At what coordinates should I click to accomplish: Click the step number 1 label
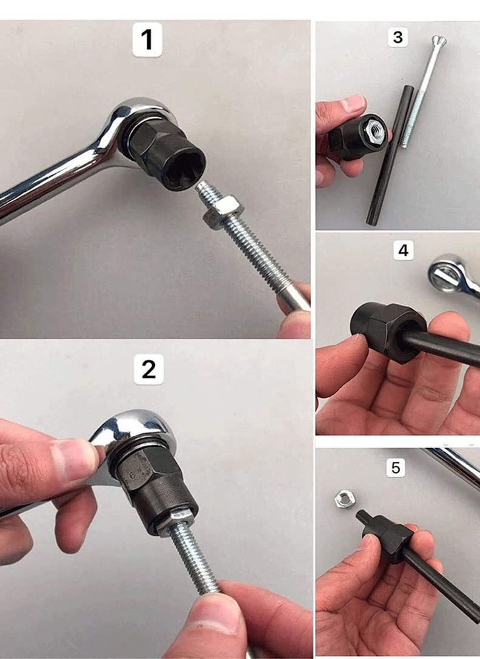pos(147,40)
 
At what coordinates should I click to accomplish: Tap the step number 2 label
pos(148,370)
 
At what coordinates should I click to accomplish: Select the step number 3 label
pos(398,37)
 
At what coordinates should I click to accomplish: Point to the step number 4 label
pos(403,250)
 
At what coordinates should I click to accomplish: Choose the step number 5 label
pos(396,468)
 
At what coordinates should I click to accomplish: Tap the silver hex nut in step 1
pos(221,212)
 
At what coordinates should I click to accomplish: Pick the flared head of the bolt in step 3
pos(438,42)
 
